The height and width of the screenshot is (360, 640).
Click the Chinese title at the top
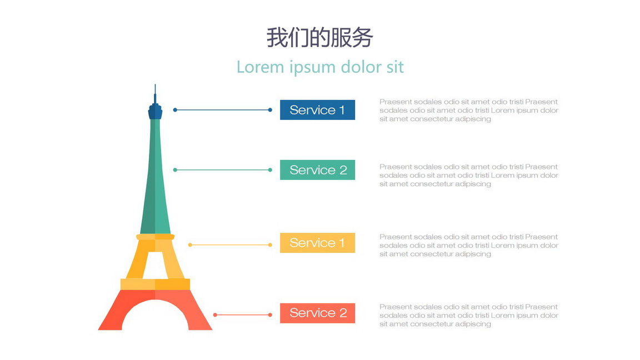click(x=319, y=38)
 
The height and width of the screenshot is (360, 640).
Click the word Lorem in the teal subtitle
click(x=260, y=67)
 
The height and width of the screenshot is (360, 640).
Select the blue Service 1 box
click(x=318, y=110)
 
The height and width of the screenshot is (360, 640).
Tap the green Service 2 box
click(x=318, y=170)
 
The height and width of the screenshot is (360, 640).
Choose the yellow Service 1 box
click(x=318, y=243)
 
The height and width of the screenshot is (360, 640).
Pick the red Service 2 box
click(x=318, y=313)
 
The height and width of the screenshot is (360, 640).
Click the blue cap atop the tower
click(x=155, y=111)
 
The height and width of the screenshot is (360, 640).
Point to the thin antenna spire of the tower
click(x=155, y=94)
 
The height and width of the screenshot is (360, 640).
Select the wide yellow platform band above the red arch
click(x=155, y=284)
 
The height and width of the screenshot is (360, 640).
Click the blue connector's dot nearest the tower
click(x=175, y=110)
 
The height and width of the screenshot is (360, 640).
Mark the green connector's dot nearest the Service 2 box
click(x=270, y=170)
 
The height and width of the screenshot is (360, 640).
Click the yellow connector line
click(x=230, y=245)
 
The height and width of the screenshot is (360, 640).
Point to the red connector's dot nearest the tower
click(x=215, y=314)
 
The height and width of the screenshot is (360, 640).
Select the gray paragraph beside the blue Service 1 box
click(x=468, y=110)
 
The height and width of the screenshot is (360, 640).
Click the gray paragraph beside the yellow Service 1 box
click(x=468, y=246)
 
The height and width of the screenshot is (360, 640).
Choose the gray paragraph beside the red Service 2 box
click(x=468, y=315)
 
